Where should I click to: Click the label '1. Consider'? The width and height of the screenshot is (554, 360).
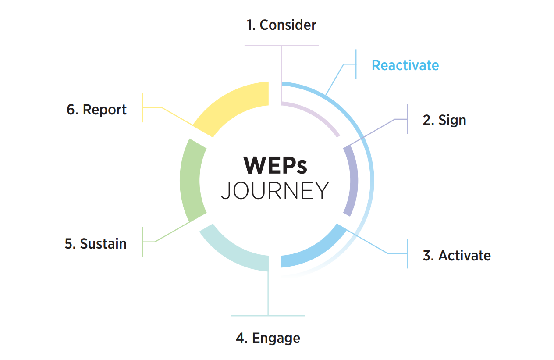pyautogui.click(x=281, y=25)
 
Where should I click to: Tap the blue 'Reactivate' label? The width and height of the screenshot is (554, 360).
pyautogui.click(x=405, y=65)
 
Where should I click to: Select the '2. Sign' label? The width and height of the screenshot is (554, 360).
pyautogui.click(x=444, y=120)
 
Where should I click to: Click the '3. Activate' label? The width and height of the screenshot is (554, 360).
pyautogui.click(x=456, y=256)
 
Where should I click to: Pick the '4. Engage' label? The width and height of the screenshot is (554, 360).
pyautogui.click(x=268, y=338)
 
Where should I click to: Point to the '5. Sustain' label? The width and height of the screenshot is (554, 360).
pyautogui.click(x=96, y=244)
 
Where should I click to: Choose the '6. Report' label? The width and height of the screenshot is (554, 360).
pyautogui.click(x=96, y=110)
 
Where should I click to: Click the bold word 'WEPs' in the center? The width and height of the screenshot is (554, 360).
pyautogui.click(x=275, y=165)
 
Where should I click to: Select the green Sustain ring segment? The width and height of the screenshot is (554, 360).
pyautogui.click(x=191, y=180)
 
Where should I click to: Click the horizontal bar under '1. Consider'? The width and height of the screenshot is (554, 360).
pyautogui.click(x=281, y=45)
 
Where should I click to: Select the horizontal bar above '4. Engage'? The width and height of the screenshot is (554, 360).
pyautogui.click(x=268, y=316)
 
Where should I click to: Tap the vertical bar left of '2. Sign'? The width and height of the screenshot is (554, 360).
pyautogui.click(x=407, y=119)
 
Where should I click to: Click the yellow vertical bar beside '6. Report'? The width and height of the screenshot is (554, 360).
pyautogui.click(x=142, y=107)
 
